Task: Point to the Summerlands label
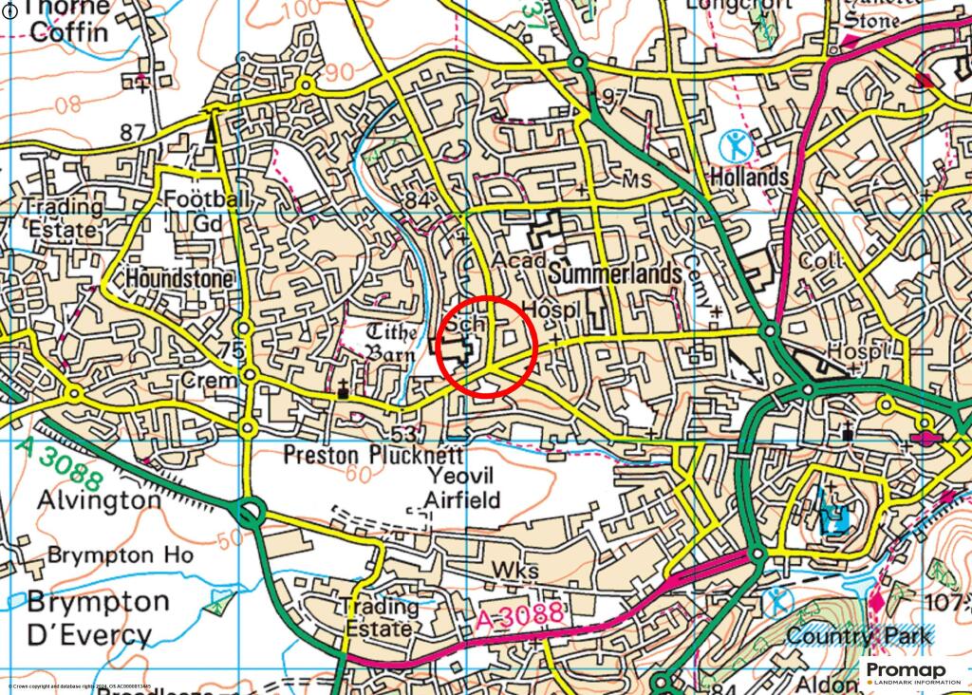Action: (x=616, y=274)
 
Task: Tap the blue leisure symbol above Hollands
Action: (x=735, y=145)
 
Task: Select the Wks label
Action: (x=515, y=571)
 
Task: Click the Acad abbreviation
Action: (x=522, y=261)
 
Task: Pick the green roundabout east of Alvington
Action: (x=250, y=515)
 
